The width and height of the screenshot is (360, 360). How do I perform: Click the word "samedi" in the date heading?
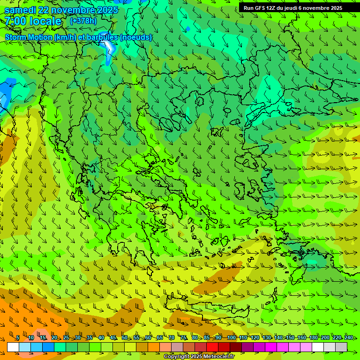(x=20, y=10)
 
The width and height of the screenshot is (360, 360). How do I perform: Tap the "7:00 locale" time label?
(x=33, y=22)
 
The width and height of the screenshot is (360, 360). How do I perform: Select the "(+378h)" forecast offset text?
(x=83, y=21)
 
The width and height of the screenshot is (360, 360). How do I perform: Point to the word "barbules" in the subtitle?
(x=104, y=37)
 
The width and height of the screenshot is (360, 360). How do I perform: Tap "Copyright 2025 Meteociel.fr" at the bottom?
(x=199, y=357)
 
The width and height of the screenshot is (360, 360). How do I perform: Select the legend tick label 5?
(x=17, y=338)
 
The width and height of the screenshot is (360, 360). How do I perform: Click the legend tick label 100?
(x=231, y=338)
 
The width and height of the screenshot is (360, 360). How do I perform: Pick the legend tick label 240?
(x=348, y=338)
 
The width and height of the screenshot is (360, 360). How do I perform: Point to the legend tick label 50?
(x=125, y=338)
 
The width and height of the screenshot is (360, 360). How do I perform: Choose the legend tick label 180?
(x=313, y=338)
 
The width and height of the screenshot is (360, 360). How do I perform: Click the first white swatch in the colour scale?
(x=13, y=347)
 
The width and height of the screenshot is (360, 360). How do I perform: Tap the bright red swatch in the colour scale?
(x=212, y=347)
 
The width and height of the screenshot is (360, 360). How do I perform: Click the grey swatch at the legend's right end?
(x=341, y=347)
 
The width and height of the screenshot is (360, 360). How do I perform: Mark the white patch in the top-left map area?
(x=109, y=47)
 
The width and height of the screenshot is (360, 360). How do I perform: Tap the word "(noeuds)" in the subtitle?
(x=136, y=37)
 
